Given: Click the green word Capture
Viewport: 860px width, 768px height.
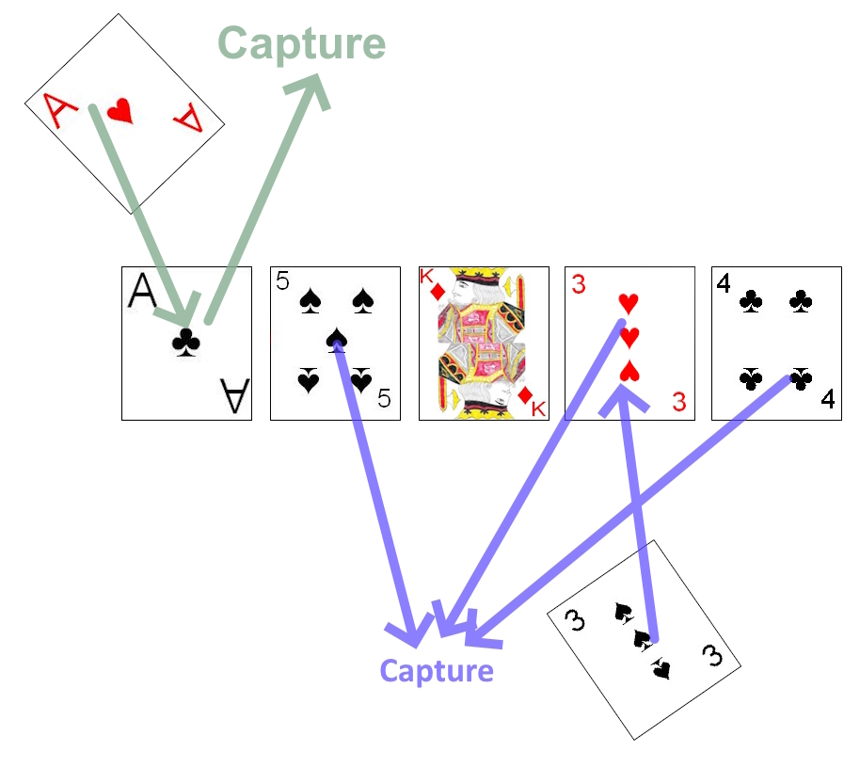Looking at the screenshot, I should coord(302,43).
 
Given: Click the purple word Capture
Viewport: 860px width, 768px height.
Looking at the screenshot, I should coord(436,671).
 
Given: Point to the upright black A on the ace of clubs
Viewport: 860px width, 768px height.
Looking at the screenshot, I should coord(142,293).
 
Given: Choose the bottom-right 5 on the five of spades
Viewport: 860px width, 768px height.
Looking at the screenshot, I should coord(383,398).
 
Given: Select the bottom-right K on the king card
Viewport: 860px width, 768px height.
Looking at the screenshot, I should coord(537,408).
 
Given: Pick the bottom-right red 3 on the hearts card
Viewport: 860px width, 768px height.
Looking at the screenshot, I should coord(679,402).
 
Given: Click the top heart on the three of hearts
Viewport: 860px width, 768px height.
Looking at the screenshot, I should coord(629,303).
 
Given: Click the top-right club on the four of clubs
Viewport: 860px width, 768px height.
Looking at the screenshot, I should coord(801,300).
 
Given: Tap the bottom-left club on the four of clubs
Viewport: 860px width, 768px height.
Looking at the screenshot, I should coord(750,379).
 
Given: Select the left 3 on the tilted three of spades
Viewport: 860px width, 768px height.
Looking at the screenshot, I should coord(576,620).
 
